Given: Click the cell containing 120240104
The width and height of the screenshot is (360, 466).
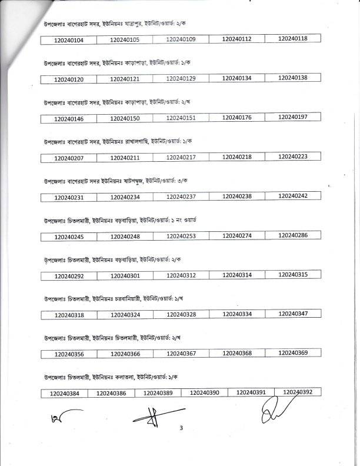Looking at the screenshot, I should point(68,39).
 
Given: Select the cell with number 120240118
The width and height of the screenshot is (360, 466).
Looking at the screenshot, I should point(292,39).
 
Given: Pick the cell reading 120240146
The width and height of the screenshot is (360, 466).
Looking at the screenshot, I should point(68,119).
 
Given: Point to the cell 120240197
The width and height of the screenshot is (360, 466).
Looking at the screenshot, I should point(292,118).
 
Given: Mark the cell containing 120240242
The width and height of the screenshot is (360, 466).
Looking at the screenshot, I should point(292,196).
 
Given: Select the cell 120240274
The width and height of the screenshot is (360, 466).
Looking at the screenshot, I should point(237,236).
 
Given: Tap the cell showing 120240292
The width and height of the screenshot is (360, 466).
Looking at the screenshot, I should point(68,276).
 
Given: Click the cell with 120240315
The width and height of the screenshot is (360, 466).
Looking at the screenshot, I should point(292,275).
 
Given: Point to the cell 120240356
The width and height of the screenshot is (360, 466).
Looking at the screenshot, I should point(68,355).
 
